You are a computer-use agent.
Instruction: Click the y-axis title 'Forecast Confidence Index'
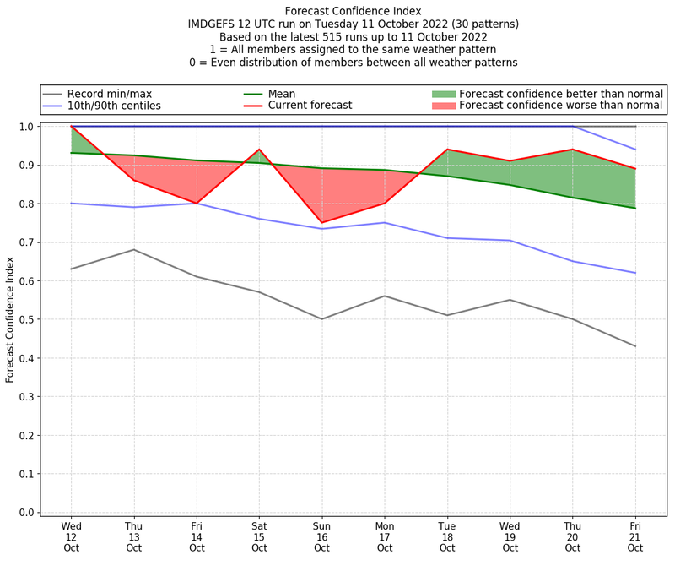pos(10,318)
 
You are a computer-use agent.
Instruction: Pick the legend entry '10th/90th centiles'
pos(114,106)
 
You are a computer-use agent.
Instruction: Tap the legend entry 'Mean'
pos(282,93)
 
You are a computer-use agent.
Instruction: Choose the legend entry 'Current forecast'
pos(310,106)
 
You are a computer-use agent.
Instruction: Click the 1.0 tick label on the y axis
pos(28,127)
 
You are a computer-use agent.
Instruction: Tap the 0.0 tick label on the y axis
pos(28,513)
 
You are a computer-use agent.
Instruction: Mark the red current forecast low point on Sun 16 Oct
pos(321,223)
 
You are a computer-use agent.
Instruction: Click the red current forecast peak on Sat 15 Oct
pos(259,150)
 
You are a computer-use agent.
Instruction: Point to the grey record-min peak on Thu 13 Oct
pos(134,249)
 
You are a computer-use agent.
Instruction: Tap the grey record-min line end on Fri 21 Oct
pos(635,346)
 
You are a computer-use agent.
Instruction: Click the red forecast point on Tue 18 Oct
pos(447,150)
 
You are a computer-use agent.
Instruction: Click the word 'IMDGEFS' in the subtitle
pos(216,24)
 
